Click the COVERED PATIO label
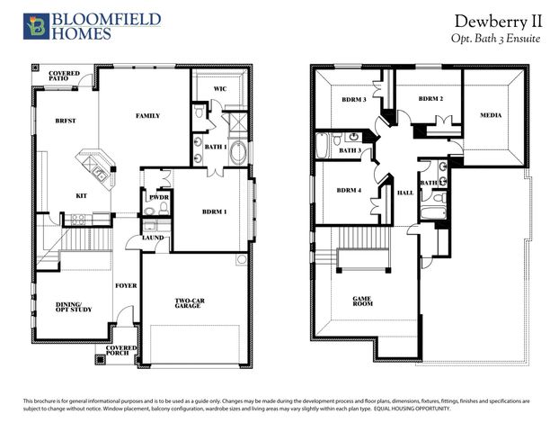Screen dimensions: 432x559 coord(64,75)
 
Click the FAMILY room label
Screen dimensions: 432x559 coord(147,116)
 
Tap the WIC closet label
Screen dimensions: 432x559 coord(219,89)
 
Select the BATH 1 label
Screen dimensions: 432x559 coord(216,146)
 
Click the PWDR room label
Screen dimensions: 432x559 coord(160,196)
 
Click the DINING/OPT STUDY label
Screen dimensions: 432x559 coord(75,308)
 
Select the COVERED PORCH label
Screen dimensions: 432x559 coord(121,350)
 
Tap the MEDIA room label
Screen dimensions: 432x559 coord(491,114)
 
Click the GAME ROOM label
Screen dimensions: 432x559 coord(362,302)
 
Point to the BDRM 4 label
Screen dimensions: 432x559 coord(350,190)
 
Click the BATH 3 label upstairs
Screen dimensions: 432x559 coord(350,150)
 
